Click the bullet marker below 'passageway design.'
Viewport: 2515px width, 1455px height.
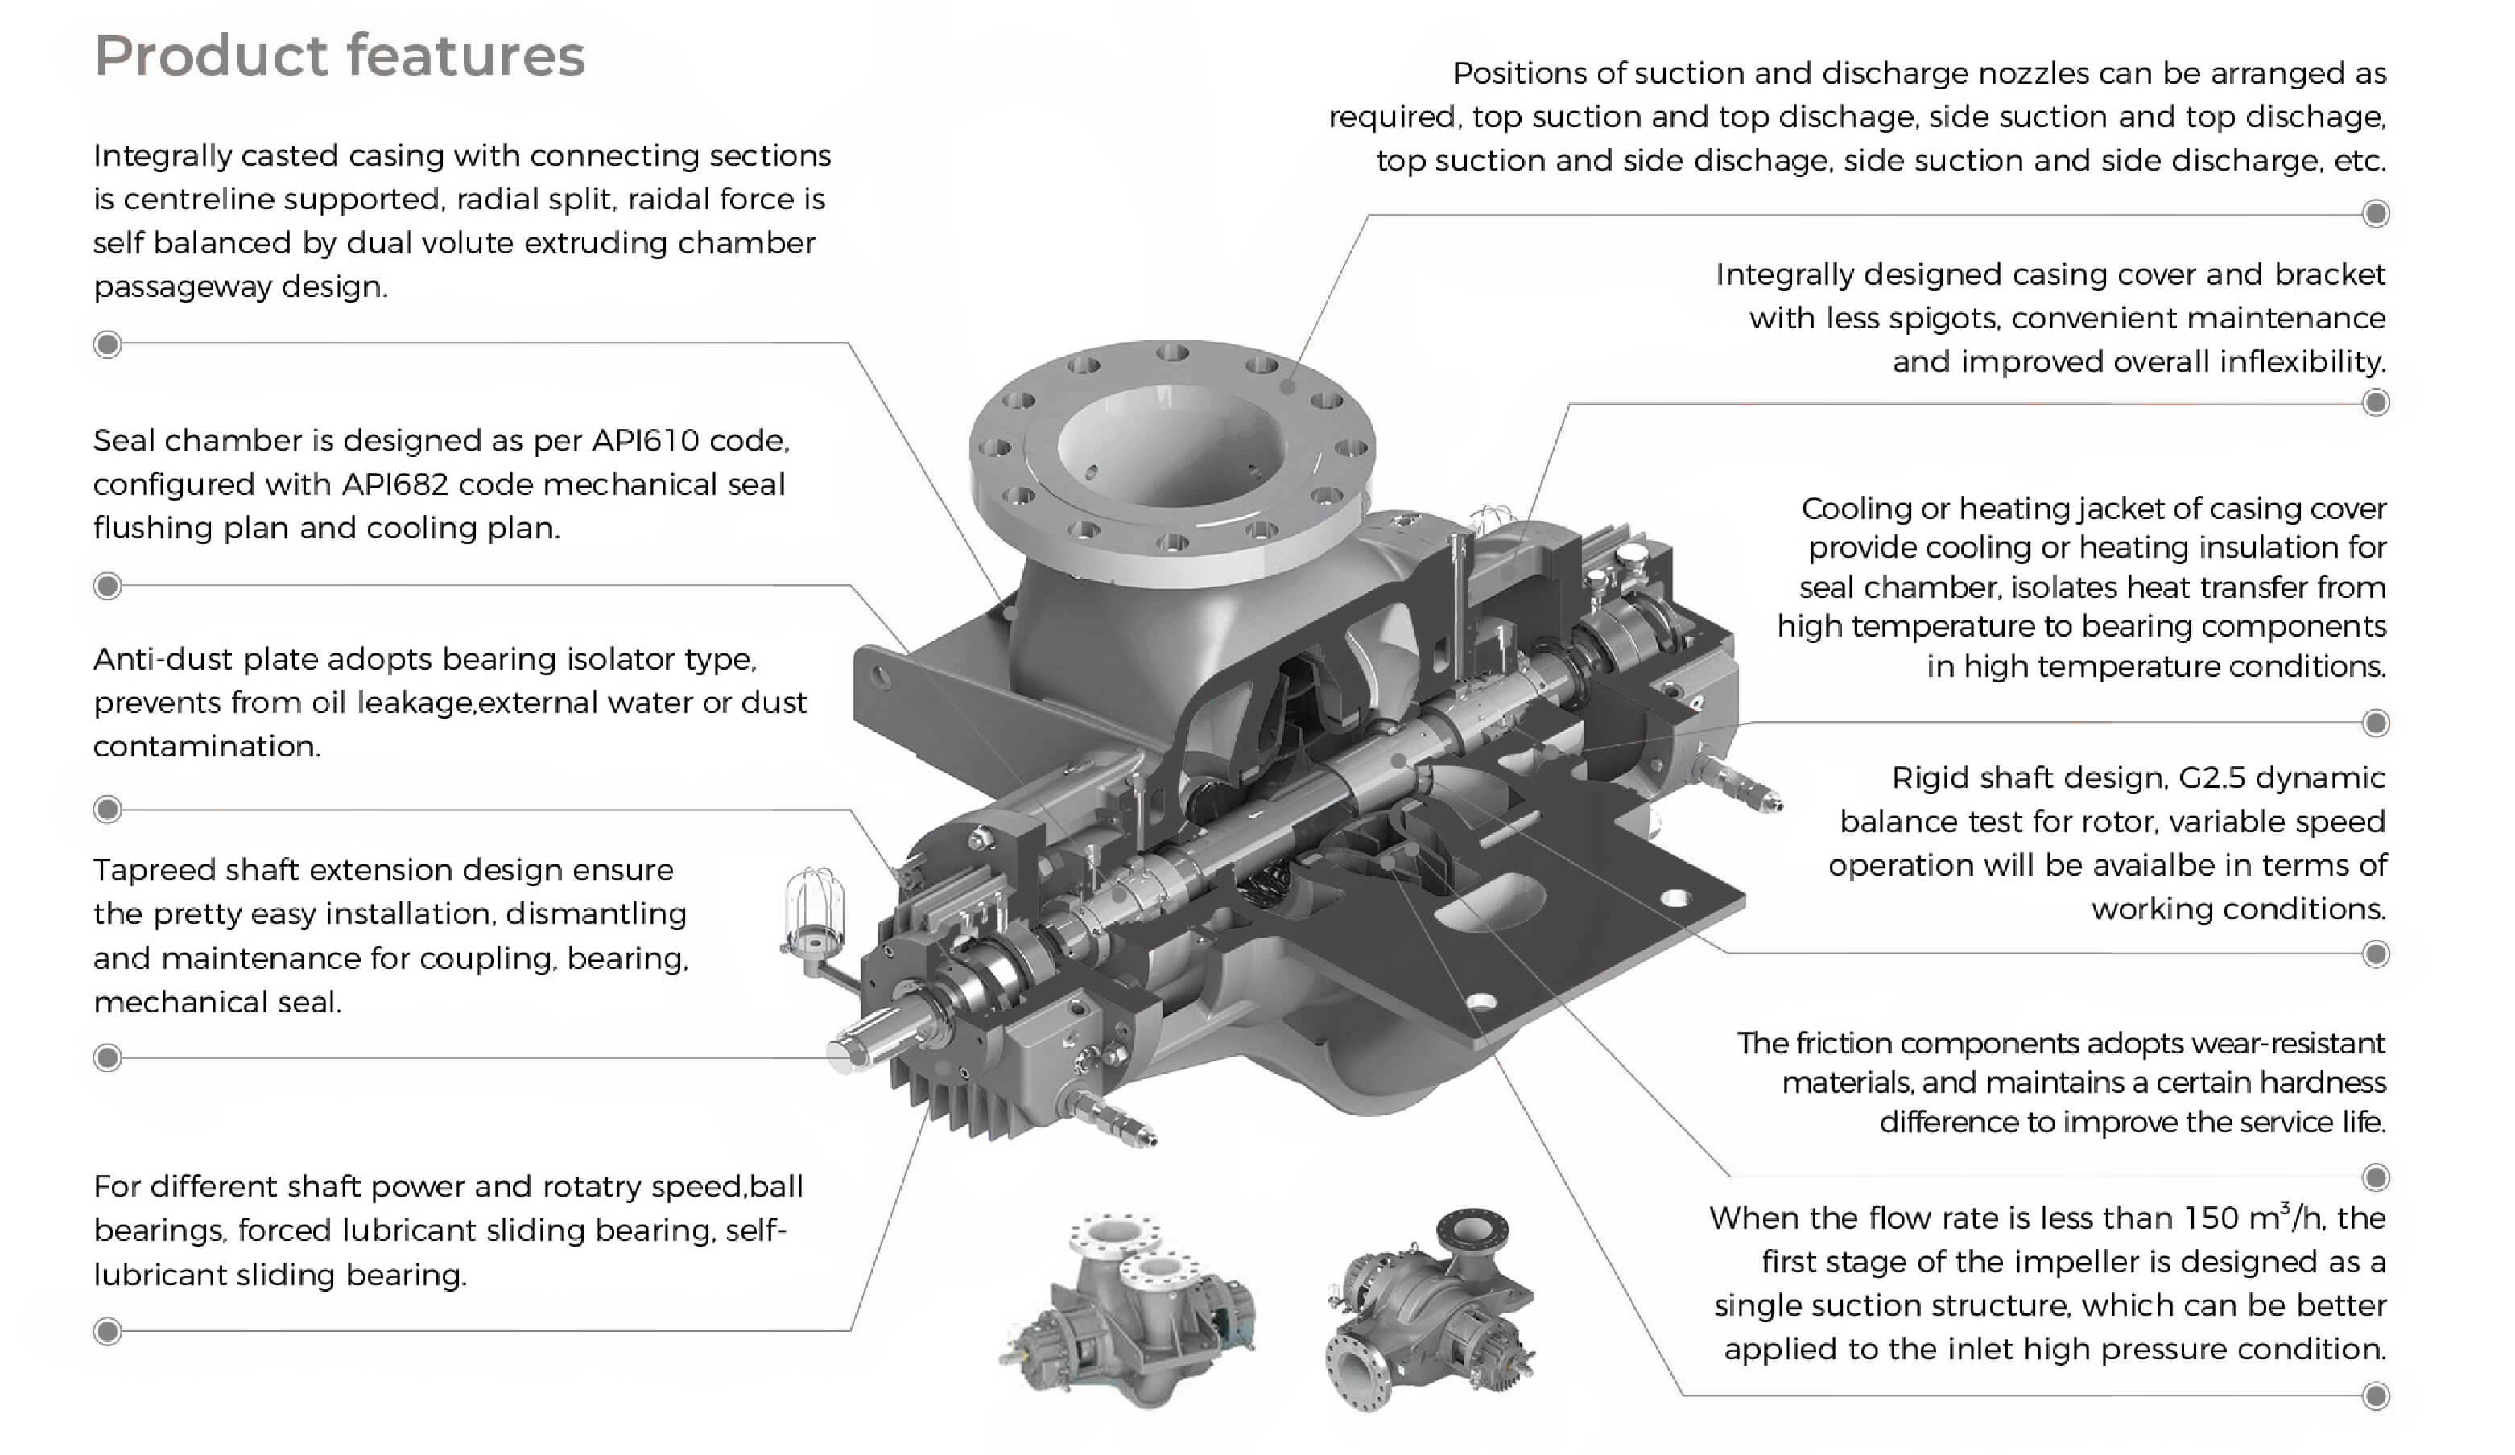(x=108, y=345)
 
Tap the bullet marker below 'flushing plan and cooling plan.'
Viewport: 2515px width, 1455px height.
(x=108, y=587)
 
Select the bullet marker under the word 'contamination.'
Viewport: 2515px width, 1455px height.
(x=108, y=810)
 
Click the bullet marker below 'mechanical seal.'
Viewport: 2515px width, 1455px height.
(x=108, y=1057)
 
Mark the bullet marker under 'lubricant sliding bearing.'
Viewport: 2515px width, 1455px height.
(x=108, y=1332)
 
